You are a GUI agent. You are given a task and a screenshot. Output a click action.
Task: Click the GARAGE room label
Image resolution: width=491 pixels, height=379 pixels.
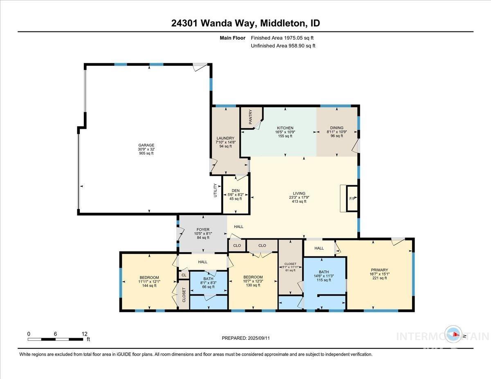click(146, 145)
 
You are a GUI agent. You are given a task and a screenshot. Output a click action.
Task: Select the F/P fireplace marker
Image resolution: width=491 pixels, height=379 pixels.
click(352, 199)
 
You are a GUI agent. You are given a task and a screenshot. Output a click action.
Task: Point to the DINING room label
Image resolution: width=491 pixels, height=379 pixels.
click(335, 128)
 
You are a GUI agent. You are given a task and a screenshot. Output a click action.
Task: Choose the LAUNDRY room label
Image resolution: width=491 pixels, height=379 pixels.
click(225, 138)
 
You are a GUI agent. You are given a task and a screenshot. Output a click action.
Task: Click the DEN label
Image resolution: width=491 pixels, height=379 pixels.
click(235, 190)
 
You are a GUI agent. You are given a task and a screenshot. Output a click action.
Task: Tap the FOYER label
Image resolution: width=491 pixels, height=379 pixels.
click(203, 230)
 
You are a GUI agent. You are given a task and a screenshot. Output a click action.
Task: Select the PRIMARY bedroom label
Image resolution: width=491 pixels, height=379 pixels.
click(379, 270)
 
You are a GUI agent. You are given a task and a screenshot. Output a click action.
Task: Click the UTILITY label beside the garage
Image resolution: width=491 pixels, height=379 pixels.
click(215, 191)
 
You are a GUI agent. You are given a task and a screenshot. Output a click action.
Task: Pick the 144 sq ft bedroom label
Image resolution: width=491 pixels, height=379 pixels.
click(149, 278)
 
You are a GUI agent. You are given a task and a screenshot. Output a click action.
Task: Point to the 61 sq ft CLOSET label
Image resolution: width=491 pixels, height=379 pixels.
click(291, 264)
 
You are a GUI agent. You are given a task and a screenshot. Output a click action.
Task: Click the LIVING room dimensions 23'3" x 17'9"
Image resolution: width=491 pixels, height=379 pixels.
click(299, 197)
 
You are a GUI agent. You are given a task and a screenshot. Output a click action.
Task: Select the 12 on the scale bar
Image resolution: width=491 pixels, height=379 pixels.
click(85, 334)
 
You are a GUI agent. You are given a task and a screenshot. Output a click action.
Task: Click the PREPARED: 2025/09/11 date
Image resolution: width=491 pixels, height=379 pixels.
click(246, 338)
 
